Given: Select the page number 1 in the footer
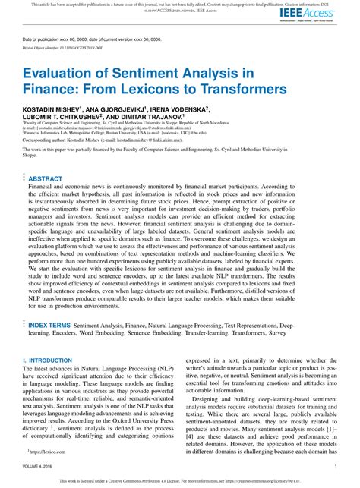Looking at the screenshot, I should (x=335, y=466).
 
